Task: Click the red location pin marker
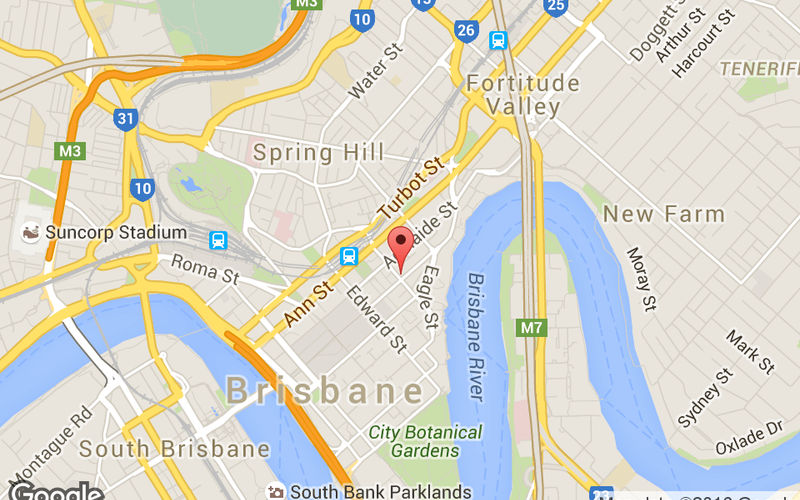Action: pyautogui.click(x=401, y=246)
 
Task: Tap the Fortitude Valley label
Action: pyautogui.click(x=523, y=94)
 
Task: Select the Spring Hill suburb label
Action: pyautogui.click(x=318, y=153)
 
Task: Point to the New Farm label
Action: pyautogui.click(x=663, y=214)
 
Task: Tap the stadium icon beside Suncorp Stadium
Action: pyautogui.click(x=31, y=233)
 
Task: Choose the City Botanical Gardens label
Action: pyautogui.click(x=424, y=442)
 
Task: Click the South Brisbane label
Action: pyautogui.click(x=174, y=449)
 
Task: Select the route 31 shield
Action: pyautogui.click(x=125, y=120)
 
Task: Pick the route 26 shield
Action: pyautogui.click(x=465, y=32)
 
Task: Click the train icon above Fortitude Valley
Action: pyautogui.click(x=498, y=41)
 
